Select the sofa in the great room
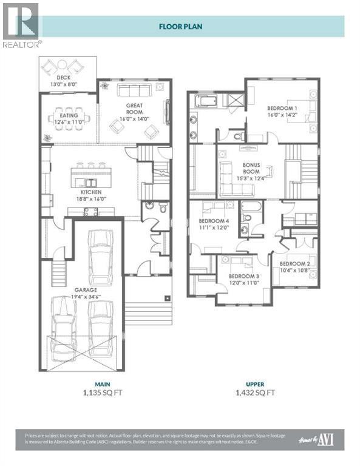(135, 92)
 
